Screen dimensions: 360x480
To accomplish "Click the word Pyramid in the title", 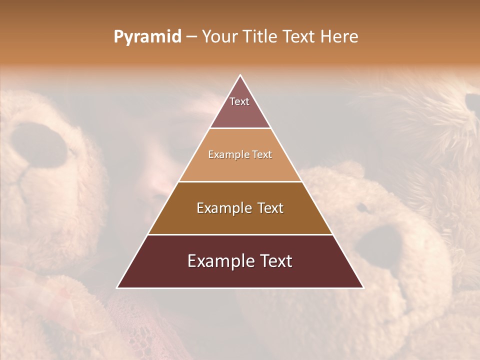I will click(x=147, y=37).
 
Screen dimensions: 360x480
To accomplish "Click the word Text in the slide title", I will click(x=299, y=37).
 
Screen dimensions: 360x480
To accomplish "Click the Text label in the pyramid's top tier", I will click(x=239, y=101).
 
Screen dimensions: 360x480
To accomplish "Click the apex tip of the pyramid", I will click(x=240, y=75).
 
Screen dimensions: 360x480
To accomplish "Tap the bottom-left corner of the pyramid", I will click(x=117, y=287).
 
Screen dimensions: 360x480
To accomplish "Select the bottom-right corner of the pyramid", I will click(x=363, y=287).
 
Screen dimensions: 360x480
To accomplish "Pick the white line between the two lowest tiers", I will click(x=240, y=234).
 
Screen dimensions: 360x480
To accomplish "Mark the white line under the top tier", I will click(x=240, y=128).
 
